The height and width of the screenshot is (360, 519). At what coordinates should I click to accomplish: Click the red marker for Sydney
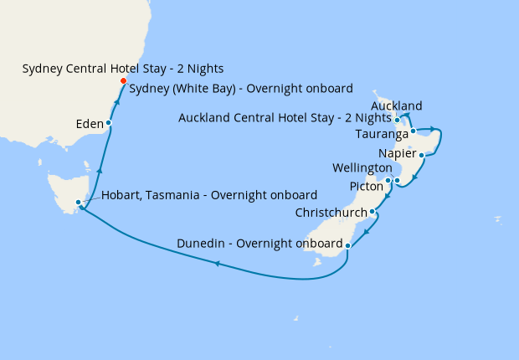coord(123,81)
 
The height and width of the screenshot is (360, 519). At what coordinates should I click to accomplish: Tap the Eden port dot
coord(108,123)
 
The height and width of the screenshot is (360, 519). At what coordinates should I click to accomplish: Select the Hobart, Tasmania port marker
coord(78,203)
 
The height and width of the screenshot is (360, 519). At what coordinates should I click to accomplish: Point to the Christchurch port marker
coord(372,212)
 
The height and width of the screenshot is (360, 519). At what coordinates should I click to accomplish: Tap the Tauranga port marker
coord(414,131)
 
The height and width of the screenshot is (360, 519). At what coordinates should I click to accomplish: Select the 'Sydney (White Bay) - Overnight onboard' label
coord(241,88)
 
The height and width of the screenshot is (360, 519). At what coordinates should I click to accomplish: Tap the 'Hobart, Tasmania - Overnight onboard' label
coord(209,195)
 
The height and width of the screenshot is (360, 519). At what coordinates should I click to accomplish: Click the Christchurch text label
coord(331,213)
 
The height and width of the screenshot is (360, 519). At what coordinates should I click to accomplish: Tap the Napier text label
coord(396,153)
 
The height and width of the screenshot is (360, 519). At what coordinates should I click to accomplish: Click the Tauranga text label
coord(381,134)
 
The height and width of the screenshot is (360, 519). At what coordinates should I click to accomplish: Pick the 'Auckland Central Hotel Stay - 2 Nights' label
coord(285,118)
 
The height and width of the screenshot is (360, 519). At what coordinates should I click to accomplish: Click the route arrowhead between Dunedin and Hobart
coord(217,264)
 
